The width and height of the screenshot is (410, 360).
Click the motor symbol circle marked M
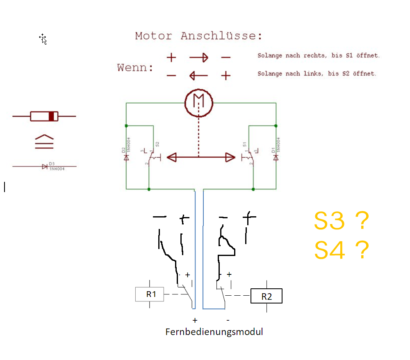click(x=199, y=102)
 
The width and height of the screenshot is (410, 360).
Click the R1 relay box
click(x=150, y=294)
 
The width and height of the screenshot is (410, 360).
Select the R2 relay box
click(x=266, y=297)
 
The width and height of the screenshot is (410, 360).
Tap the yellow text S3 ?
click(x=341, y=221)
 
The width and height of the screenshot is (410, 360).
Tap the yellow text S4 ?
click(x=341, y=250)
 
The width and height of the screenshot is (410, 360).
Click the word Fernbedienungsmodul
click(x=214, y=332)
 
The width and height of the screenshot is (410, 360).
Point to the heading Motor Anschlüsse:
click(x=199, y=36)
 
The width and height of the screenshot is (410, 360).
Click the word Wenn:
click(x=135, y=68)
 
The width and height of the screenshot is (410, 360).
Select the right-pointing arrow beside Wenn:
click(x=198, y=58)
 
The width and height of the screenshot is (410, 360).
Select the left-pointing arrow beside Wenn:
click(x=198, y=75)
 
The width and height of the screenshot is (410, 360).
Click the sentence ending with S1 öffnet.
click(x=319, y=55)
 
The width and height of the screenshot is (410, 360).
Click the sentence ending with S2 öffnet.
click(x=317, y=74)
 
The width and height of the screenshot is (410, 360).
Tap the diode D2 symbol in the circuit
click(x=126, y=157)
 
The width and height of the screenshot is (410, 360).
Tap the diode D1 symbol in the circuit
click(x=276, y=157)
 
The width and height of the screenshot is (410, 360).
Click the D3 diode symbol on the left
click(x=45, y=166)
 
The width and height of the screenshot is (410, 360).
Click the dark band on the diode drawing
click(x=51, y=116)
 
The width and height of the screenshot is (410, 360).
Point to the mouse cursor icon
click(x=43, y=39)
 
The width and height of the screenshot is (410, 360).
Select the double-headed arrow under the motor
click(x=201, y=157)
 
